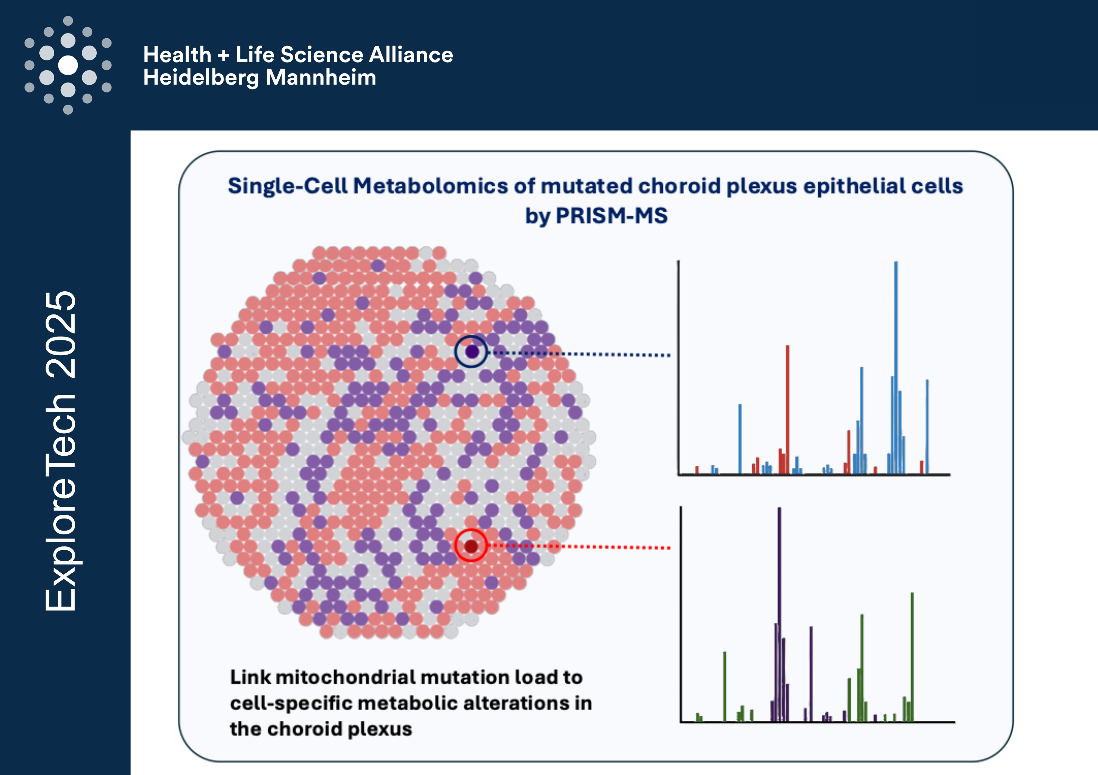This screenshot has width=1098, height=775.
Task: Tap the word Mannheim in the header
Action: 321,77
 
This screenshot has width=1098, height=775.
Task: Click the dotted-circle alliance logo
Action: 68,65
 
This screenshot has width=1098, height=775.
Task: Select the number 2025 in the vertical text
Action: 61,335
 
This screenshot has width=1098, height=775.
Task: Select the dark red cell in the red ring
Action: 471,546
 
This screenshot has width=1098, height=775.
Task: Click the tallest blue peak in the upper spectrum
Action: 896,368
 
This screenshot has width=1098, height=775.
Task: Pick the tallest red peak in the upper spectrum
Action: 787,410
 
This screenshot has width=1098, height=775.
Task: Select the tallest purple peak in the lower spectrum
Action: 780,614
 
